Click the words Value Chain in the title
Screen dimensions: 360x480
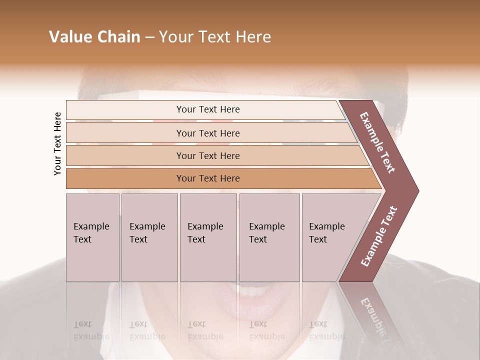(94, 37)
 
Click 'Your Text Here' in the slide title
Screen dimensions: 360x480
(215, 37)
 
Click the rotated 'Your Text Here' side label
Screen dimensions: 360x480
(57, 144)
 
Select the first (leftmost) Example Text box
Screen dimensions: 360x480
(92, 237)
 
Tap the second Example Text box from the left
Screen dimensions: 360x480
(149, 237)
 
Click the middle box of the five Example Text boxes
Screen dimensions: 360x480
(208, 237)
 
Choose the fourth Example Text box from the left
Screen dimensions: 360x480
(269, 237)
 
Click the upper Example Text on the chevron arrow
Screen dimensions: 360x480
(377, 142)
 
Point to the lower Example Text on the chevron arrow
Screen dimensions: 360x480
(378, 236)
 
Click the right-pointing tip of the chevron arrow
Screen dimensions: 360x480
(416, 190)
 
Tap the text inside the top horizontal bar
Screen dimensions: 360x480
(208, 109)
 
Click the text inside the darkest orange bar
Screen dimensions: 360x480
(208, 178)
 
